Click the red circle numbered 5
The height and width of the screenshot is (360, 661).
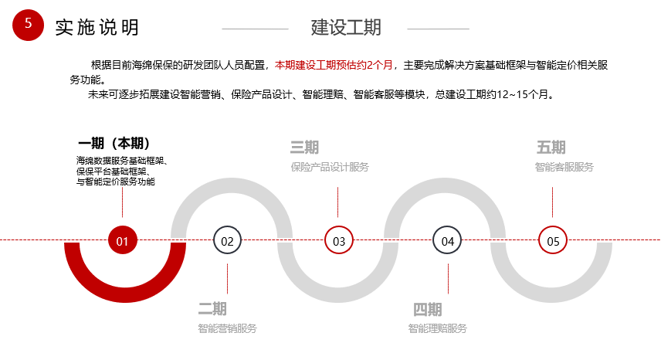point(29,25)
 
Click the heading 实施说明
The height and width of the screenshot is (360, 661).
point(97,27)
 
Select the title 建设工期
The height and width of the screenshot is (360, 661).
point(346,27)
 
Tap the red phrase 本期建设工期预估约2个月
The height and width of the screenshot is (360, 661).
point(334,65)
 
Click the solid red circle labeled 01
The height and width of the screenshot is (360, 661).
point(123,240)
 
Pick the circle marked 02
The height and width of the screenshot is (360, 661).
point(227,240)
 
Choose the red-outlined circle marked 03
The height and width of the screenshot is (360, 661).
point(339,240)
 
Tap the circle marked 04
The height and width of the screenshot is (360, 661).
point(447,240)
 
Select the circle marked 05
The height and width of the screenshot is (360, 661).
point(553,240)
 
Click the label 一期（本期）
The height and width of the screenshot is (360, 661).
point(114,144)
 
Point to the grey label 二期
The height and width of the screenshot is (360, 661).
point(212,309)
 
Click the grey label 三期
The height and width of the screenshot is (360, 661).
point(304,148)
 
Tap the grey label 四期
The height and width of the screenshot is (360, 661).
point(428,310)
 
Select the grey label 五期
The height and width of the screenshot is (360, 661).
point(551,148)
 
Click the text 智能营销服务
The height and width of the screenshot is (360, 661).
point(227,328)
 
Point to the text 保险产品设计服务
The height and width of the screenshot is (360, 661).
point(330,168)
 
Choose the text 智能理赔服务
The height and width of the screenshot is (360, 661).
point(438,328)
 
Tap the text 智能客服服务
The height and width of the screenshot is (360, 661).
point(564,168)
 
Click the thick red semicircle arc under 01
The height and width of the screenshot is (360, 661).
point(125,294)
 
